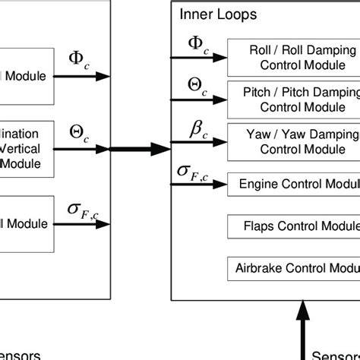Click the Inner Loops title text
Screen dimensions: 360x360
coord(218,14)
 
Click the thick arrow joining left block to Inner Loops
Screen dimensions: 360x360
coord(141,148)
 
